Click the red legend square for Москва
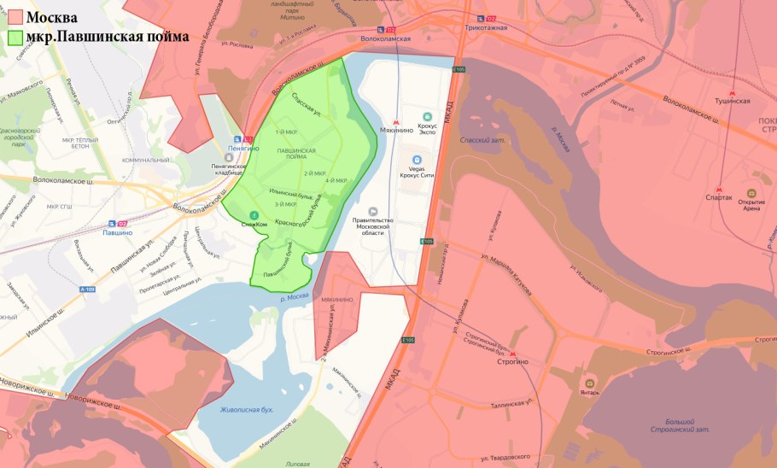(x=15, y=17)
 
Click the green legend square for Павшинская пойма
(x=15, y=38)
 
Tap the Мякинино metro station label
(x=395, y=130)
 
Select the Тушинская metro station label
(x=732, y=100)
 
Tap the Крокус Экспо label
(x=428, y=129)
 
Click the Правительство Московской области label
(x=372, y=228)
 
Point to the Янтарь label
(x=589, y=393)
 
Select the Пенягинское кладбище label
(x=233, y=170)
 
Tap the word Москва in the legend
(x=52, y=17)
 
